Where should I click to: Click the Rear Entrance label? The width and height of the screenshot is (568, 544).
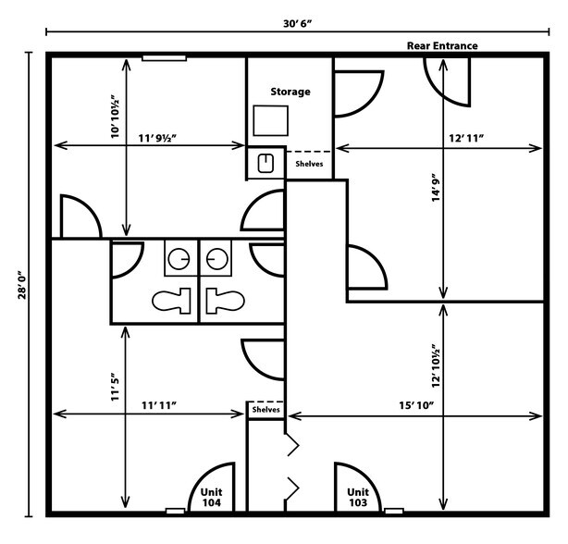[442, 45]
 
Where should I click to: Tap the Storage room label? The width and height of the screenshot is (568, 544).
[290, 92]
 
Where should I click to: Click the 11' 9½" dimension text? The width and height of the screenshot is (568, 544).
[158, 137]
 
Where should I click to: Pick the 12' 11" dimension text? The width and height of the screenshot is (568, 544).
[467, 137]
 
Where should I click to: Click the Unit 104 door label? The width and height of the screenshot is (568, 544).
[212, 497]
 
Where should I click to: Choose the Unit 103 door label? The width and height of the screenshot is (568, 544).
[358, 497]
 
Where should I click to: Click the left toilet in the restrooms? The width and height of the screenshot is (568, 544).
[169, 300]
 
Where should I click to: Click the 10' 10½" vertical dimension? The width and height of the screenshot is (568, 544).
[115, 116]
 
